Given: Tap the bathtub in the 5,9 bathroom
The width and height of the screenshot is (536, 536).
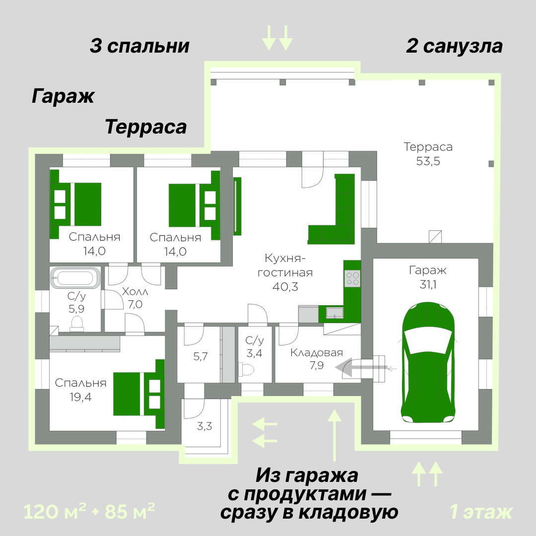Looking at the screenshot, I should coord(75,278).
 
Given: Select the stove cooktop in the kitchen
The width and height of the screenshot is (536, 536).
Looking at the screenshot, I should coord(353,278).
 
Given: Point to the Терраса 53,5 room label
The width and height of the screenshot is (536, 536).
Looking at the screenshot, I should coord(428,154).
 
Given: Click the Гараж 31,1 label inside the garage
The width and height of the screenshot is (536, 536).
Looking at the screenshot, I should coord(428,277).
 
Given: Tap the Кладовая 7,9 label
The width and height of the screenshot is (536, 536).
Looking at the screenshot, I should coord(317,359).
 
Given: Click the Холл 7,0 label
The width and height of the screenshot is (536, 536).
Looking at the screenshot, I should coord(135,298).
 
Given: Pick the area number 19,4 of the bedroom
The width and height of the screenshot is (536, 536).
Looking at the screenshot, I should coord(81,397).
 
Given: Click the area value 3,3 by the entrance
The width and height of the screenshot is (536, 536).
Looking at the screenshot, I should coord(204,425).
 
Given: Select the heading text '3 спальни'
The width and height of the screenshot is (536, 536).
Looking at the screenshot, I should coord(140,46).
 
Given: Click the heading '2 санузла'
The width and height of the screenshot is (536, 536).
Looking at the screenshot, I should coord(454,46).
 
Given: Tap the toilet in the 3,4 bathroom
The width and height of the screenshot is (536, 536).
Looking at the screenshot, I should coord(247,369).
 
